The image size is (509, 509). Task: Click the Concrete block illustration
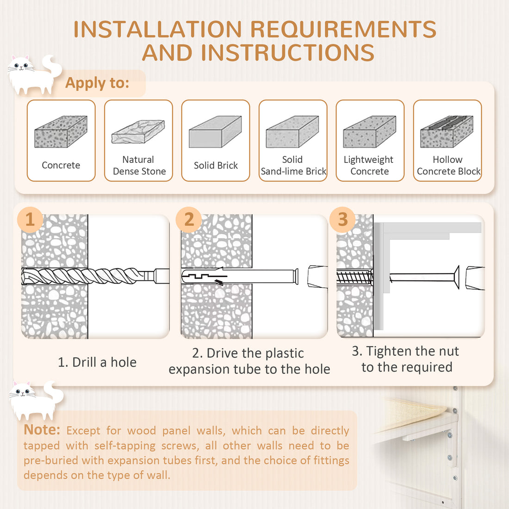(61, 131)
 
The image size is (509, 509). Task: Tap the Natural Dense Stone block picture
(138, 131)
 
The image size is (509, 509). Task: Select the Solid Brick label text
(216, 165)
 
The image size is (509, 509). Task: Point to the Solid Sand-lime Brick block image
(292, 131)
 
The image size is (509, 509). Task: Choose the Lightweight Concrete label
(369, 165)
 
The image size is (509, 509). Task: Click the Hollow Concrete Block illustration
(447, 131)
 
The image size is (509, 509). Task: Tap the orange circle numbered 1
(30, 219)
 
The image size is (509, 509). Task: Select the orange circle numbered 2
(189, 219)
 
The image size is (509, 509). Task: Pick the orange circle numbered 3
(342, 219)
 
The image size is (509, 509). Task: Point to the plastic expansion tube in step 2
(240, 276)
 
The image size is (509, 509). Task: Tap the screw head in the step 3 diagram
(456, 277)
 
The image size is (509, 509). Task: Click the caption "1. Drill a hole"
(97, 362)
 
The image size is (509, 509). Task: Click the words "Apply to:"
(97, 83)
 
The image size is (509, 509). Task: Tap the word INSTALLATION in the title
(158, 29)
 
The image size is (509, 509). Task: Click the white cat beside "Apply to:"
(34, 74)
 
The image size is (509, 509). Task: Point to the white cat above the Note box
(37, 401)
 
